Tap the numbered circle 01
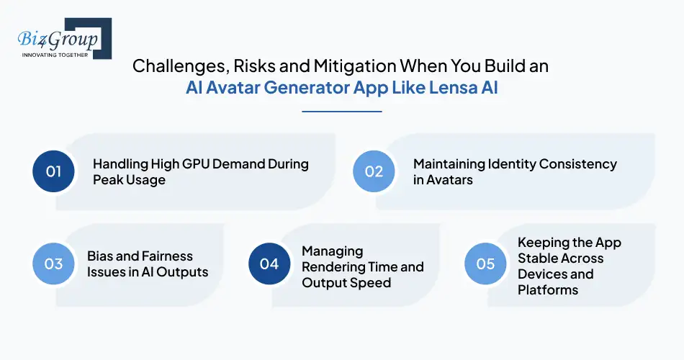54,171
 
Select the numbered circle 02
374,171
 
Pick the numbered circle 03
54,264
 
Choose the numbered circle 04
269,264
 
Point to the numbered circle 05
485,264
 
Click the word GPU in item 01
190,163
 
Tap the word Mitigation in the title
348,66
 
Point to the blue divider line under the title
342,111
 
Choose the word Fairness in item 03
167,256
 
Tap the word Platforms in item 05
548,289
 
